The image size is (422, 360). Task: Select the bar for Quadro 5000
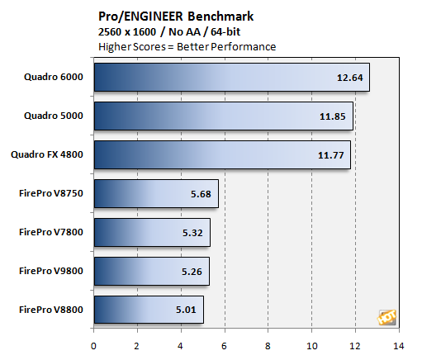pos(223,116)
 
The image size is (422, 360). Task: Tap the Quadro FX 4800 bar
pos(222,154)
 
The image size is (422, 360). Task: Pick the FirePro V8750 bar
pos(156,193)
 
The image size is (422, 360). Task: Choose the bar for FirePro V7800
pos(152,232)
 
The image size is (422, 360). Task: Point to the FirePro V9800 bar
pos(151,271)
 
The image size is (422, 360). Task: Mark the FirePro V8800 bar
pos(149,310)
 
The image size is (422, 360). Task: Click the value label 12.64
pos(349,78)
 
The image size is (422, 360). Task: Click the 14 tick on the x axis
pos(399,346)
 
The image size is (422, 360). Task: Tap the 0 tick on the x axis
pos(94,346)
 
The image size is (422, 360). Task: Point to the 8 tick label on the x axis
pos(268,346)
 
